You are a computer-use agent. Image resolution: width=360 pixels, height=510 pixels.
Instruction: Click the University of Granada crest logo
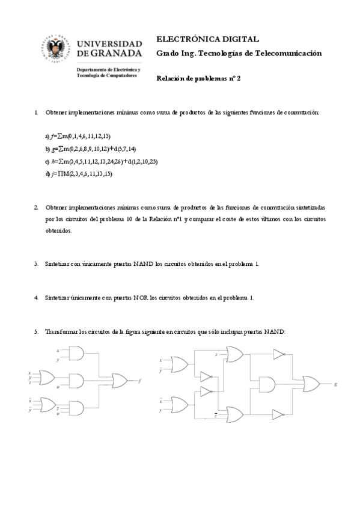tap(57, 51)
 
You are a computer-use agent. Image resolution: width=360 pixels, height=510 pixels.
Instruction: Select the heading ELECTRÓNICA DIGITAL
tap(207, 39)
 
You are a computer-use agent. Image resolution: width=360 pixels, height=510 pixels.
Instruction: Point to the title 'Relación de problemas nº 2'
tap(198, 78)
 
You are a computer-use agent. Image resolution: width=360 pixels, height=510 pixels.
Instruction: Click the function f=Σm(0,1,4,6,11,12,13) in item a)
tap(81, 136)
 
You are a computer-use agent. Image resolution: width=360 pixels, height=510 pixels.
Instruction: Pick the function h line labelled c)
tap(93, 161)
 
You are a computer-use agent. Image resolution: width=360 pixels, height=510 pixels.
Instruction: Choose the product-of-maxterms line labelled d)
tap(78, 174)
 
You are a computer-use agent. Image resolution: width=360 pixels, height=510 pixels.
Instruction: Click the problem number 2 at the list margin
tap(37, 207)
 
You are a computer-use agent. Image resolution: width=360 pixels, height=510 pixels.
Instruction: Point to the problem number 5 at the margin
tap(37, 331)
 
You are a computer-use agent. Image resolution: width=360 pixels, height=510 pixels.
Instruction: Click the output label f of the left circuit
tap(140, 380)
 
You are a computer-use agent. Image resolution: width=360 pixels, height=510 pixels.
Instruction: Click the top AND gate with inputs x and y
tap(78, 354)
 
